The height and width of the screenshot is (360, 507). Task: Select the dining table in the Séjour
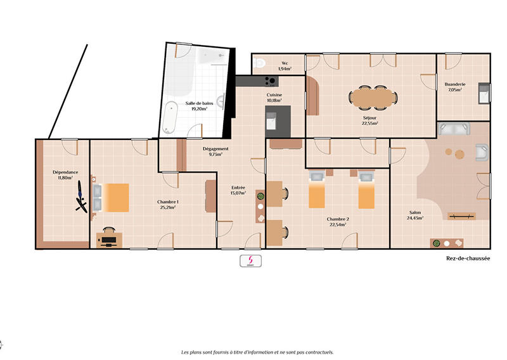pyautogui.click(x=373, y=97)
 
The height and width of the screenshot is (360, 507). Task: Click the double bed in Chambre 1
pyautogui.click(x=112, y=197)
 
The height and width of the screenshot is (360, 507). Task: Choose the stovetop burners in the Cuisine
pyautogui.click(x=269, y=80)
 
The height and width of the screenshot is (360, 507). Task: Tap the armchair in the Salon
pyautogui.click(x=482, y=153)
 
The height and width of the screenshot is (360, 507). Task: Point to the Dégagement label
pyautogui.click(x=215, y=149)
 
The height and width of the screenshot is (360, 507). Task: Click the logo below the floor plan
pyautogui.click(x=250, y=260)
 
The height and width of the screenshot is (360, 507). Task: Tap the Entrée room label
pyautogui.click(x=238, y=187)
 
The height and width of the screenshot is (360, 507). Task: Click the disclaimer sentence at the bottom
pyautogui.click(x=257, y=352)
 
